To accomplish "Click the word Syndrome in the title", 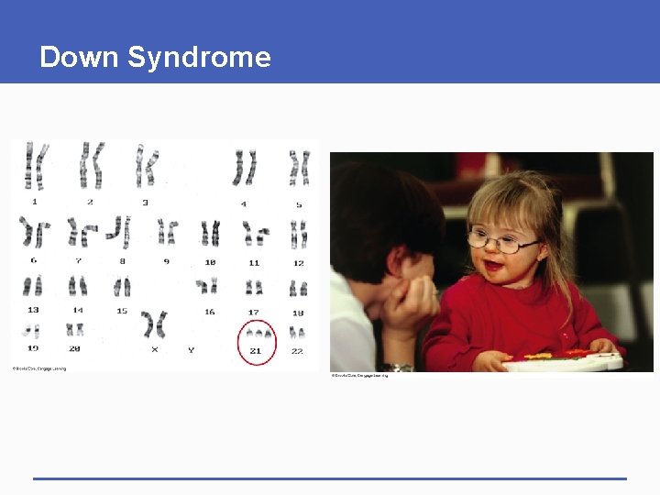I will tap(199, 58).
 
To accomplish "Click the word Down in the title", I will tap(80, 57).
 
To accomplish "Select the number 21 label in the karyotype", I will tap(256, 351).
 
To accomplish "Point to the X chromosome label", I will tap(154, 350).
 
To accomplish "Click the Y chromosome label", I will tap(191, 350).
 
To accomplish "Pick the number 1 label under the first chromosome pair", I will tap(35, 201).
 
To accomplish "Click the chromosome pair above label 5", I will tap(299, 168).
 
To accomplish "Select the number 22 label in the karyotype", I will tap(297, 351).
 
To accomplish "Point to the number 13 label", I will tap(34, 310).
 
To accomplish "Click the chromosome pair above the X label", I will tap(154, 324).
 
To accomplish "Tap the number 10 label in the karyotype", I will tap(210, 262).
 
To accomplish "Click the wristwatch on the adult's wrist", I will tap(397, 368).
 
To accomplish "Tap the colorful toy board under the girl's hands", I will tap(561, 360).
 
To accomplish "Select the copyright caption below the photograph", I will tap(359, 376).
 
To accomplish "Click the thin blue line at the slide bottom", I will tap(330, 478).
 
